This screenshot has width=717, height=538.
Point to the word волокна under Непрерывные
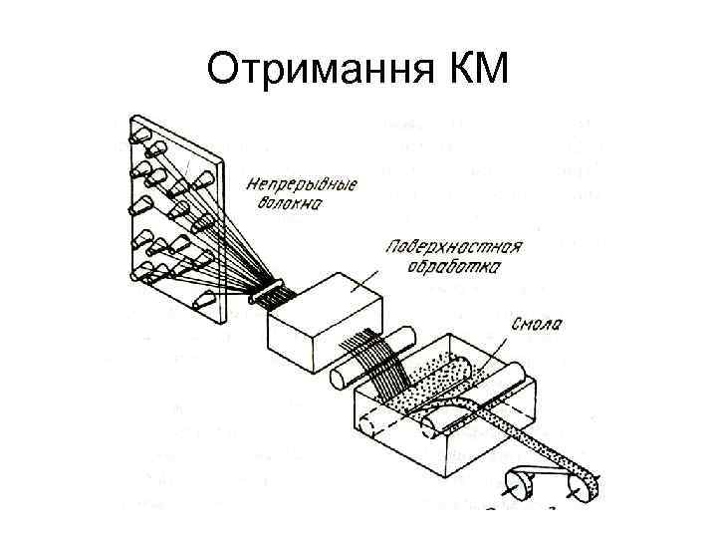288,204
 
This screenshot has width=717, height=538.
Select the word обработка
453,267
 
